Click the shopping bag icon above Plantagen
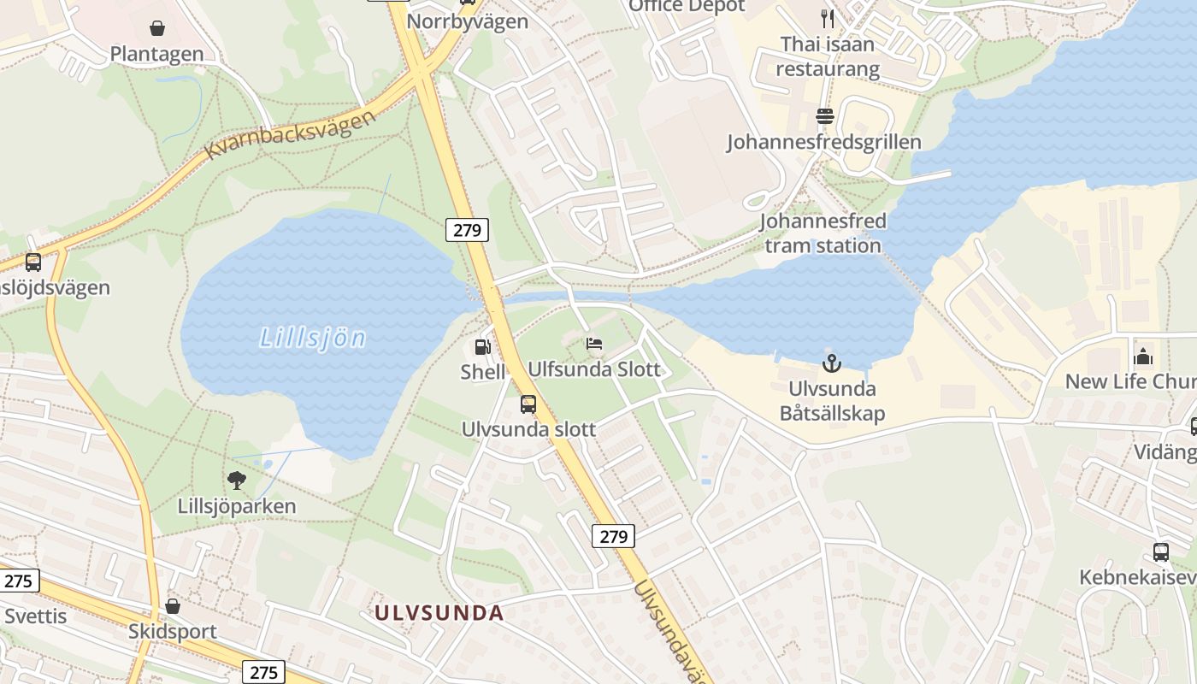click(x=157, y=28)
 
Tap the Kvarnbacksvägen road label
click(x=291, y=134)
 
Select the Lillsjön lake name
click(x=313, y=339)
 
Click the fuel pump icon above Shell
click(x=483, y=347)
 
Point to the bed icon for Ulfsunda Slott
click(x=594, y=344)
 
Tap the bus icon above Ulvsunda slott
click(x=528, y=404)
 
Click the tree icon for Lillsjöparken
click(x=237, y=481)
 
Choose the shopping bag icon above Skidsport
click(x=173, y=606)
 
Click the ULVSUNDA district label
click(x=439, y=612)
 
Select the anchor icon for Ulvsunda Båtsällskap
click(x=832, y=364)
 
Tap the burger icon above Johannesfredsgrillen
click(x=824, y=115)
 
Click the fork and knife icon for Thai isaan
click(x=827, y=18)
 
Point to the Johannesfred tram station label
click(x=823, y=233)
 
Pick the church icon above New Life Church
click(x=1143, y=357)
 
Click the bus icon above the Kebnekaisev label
click(x=1160, y=552)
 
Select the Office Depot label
click(x=687, y=6)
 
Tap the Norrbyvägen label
click(x=468, y=21)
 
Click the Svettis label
click(x=35, y=616)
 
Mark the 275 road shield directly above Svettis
click(x=17, y=581)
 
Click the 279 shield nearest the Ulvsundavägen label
click(x=613, y=536)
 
